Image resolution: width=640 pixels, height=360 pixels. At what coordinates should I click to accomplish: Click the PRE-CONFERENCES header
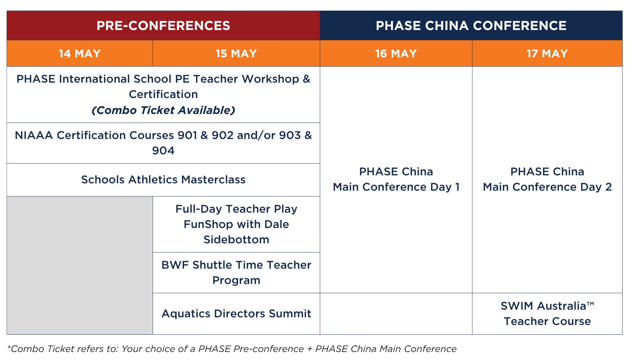[x=163, y=26]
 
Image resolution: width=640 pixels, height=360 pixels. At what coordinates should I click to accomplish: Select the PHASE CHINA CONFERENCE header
[x=471, y=26]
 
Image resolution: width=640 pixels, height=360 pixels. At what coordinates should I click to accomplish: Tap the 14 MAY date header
[x=80, y=53]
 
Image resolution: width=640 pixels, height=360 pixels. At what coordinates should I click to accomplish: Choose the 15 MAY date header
[x=236, y=53]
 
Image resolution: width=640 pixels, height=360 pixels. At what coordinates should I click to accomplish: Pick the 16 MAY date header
[x=396, y=53]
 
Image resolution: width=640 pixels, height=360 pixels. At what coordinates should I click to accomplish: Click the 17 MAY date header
[x=547, y=53]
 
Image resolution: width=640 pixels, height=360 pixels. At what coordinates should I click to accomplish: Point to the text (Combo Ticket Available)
[x=163, y=110]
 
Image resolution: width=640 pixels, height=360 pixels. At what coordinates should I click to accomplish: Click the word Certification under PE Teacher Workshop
[x=163, y=94]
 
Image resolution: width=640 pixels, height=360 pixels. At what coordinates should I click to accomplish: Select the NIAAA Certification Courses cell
[x=163, y=143]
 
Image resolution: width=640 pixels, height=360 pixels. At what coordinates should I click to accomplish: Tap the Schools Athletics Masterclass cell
[x=163, y=180]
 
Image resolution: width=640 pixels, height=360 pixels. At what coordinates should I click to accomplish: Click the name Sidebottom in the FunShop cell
[x=236, y=240]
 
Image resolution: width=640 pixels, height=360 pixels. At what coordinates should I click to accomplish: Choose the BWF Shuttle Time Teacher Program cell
[x=236, y=273]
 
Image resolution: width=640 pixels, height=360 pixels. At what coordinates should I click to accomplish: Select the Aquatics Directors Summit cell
[x=236, y=314]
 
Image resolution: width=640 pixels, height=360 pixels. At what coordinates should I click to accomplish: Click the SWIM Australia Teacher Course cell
[x=547, y=314]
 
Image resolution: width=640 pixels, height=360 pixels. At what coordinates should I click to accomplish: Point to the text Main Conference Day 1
[x=396, y=187]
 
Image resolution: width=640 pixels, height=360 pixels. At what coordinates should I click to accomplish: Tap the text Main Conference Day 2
[x=547, y=187]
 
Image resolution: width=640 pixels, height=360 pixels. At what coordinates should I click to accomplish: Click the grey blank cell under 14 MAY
[x=80, y=265]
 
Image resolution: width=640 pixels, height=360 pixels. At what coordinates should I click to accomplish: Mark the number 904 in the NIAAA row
[x=163, y=151]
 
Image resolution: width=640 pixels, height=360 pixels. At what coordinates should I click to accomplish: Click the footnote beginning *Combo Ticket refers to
[x=232, y=349]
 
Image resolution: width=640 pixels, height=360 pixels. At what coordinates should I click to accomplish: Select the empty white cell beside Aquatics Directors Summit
[x=396, y=314]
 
